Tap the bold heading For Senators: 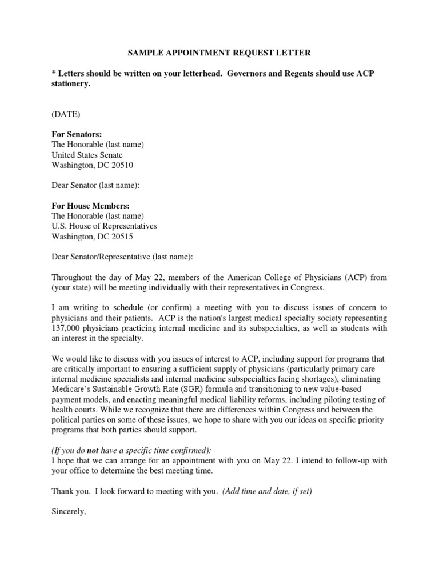(x=77, y=134)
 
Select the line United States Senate (x=87, y=155)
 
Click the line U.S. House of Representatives (x=104, y=226)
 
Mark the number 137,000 (x=69, y=328)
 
